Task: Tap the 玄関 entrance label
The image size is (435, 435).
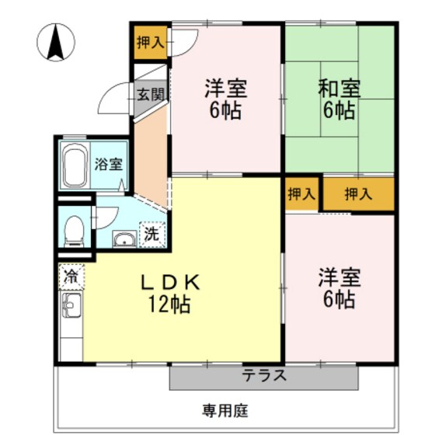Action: pyautogui.click(x=150, y=95)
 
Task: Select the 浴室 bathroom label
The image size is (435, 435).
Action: pyautogui.click(x=108, y=164)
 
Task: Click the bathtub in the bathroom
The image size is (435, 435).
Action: pyautogui.click(x=75, y=165)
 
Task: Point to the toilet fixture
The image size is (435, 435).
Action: pyautogui.click(x=73, y=230)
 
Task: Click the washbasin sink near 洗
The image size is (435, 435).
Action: pyautogui.click(x=123, y=238)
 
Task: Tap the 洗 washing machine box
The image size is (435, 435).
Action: pyautogui.click(x=152, y=231)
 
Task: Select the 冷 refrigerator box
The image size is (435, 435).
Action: pyautogui.click(x=71, y=276)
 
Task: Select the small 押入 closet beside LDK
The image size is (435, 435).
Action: pyautogui.click(x=302, y=193)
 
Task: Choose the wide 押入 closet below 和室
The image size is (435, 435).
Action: pyautogui.click(x=357, y=193)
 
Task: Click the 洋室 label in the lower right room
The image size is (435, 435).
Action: pyautogui.click(x=338, y=278)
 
